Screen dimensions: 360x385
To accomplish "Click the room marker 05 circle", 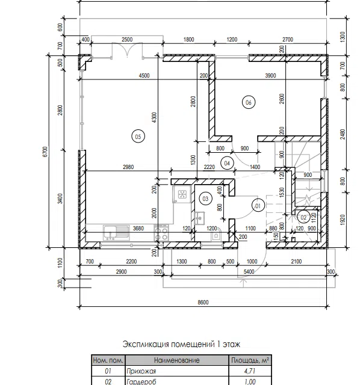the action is pyautogui.click(x=138, y=137).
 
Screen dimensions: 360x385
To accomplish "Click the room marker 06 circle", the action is pyautogui.click(x=249, y=102).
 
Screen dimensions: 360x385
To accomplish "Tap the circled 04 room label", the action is pyautogui.click(x=227, y=163).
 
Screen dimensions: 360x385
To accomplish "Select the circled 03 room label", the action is pyautogui.click(x=205, y=199).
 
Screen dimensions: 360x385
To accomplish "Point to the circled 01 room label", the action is pyautogui.click(x=258, y=206).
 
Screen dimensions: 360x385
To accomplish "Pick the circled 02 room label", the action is pyautogui.click(x=303, y=217).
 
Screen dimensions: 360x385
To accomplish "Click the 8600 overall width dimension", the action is pyautogui.click(x=203, y=302).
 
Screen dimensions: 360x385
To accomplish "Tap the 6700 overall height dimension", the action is pyautogui.click(x=45, y=152).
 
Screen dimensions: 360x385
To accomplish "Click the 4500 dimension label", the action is pyautogui.click(x=144, y=76).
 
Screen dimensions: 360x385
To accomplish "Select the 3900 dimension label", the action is pyautogui.click(x=270, y=76).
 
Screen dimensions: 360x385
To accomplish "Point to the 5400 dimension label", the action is pyautogui.click(x=249, y=271).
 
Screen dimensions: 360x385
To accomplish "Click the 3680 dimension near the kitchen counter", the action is pyautogui.click(x=138, y=229).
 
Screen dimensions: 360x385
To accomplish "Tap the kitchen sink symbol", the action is pyautogui.click(x=116, y=233).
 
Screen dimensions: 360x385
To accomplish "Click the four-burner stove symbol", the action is pyautogui.click(x=162, y=233).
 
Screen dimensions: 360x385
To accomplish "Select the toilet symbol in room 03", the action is pyautogui.click(x=216, y=235).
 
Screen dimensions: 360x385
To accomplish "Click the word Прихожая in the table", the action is pyautogui.click(x=141, y=371).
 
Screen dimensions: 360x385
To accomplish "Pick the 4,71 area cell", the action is pyautogui.click(x=250, y=371).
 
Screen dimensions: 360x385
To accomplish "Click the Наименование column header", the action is pyautogui.click(x=176, y=360).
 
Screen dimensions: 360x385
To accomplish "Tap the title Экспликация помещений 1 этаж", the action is pyautogui.click(x=181, y=344).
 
